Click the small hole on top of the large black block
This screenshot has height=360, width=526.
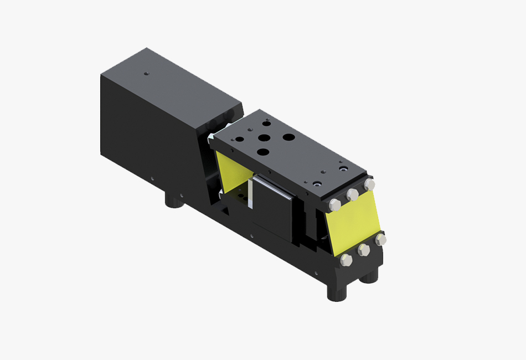click(146, 73)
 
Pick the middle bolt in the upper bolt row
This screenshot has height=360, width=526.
click(352, 194)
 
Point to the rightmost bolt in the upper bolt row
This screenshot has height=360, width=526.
click(369, 184)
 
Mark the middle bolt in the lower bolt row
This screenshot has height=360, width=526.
click(364, 250)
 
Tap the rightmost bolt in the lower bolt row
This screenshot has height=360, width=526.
click(380, 239)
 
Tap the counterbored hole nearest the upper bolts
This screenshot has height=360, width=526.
click(317, 184)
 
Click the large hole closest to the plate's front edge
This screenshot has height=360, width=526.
click(263, 152)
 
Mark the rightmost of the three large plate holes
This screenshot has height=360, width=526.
click(288, 136)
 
